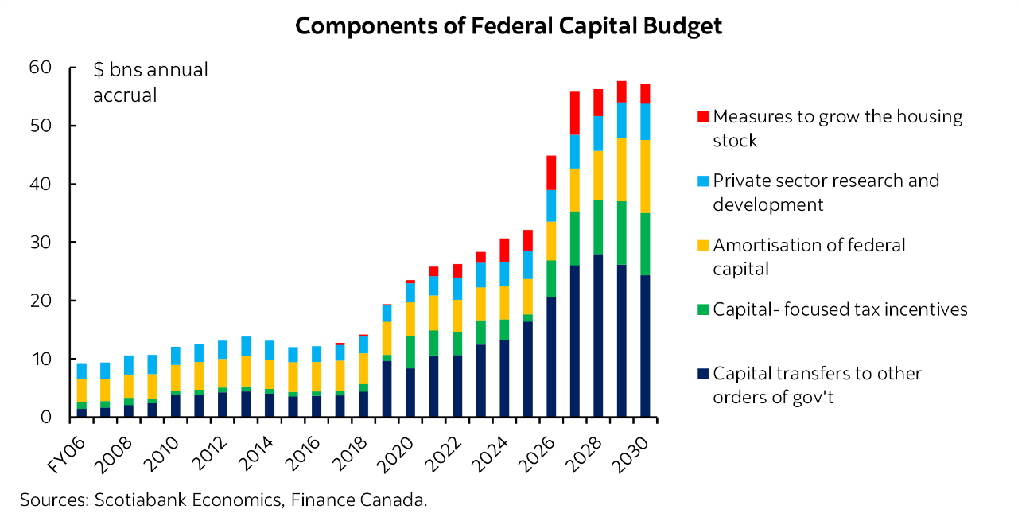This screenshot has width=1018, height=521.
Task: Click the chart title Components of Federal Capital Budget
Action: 508,26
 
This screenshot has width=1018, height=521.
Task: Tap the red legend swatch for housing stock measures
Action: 701,117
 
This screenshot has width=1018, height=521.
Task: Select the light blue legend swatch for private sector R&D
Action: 701,181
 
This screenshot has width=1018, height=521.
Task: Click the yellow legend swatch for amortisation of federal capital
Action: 701,246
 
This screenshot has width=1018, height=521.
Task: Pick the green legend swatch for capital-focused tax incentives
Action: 701,309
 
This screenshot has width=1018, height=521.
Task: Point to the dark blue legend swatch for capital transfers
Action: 701,374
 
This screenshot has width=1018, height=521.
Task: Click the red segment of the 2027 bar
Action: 574,113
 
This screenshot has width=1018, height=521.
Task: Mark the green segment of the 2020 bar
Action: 410,352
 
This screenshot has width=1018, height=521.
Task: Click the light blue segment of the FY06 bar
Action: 81,371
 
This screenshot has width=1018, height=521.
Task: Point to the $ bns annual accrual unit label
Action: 150,82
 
